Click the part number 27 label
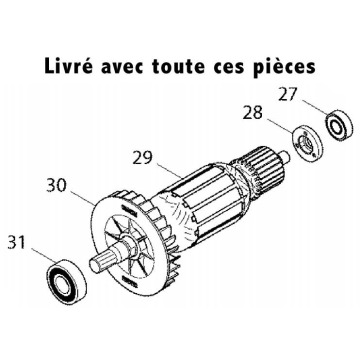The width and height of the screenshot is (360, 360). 289,94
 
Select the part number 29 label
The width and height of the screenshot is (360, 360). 144,158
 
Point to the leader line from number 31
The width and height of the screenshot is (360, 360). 43,254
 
